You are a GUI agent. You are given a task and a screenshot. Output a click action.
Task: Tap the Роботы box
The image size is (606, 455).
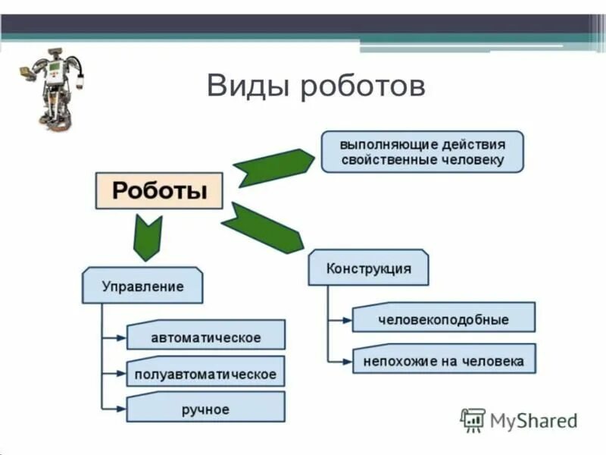pos(159,190)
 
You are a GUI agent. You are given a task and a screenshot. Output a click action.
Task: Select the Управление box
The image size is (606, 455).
pos(142,286)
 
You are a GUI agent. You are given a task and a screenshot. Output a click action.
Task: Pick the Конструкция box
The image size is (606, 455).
pos(368,268)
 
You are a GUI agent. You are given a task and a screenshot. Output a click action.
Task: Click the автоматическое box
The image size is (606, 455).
pos(205,336)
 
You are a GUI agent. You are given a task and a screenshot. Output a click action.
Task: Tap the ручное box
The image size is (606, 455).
pos(205,409)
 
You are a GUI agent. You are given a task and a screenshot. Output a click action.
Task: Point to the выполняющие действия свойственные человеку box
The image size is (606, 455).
pos(422,152)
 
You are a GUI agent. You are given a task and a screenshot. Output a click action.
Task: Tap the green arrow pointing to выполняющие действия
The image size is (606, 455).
pos(273,165)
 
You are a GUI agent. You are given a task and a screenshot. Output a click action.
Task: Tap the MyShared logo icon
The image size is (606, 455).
pos(473,419)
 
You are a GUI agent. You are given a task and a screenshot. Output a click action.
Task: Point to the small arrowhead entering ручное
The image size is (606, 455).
pos(121,410)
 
